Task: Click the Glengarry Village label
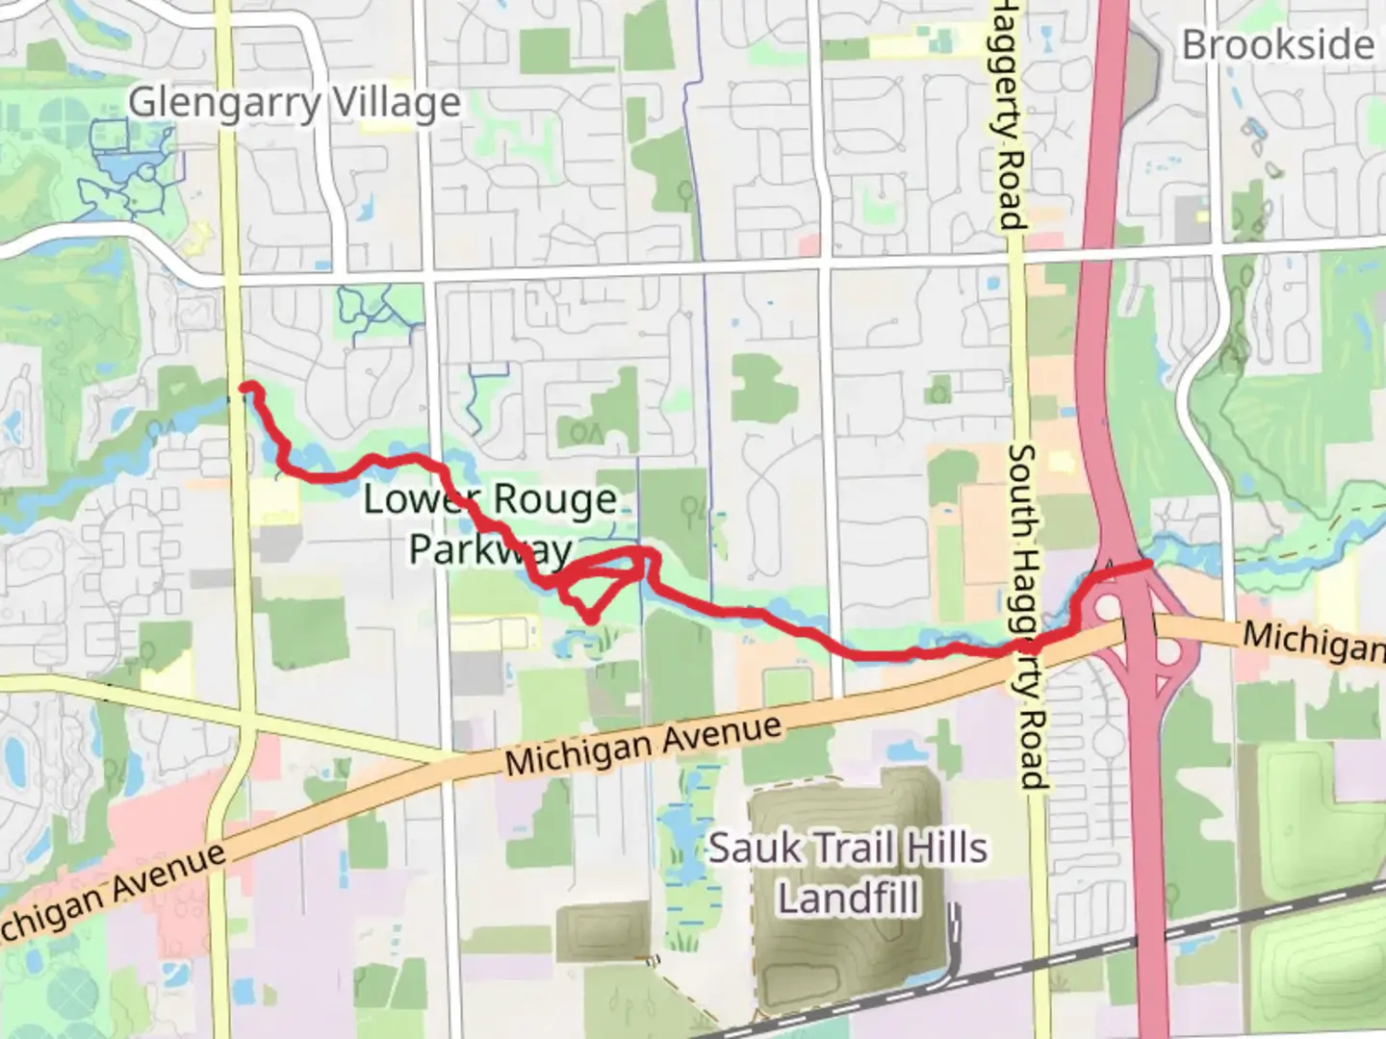point(294,103)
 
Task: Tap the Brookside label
point(1277,45)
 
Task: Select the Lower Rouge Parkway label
point(490,524)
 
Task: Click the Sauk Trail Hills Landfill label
point(848,873)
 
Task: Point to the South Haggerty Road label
point(1026,616)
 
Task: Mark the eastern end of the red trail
point(1147,565)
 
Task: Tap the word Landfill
point(848,899)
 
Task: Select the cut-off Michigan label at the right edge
point(1314,641)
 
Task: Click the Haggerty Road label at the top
point(1008,115)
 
